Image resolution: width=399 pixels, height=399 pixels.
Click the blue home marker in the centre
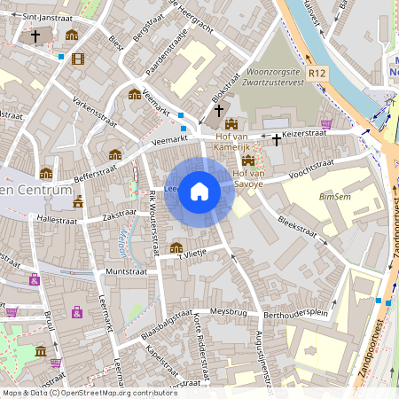pos(199,192)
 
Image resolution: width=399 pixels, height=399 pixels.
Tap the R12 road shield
pos(317,73)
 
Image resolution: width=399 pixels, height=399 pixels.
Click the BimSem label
pos(334,196)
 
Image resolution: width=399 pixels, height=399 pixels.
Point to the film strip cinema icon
pos(78,59)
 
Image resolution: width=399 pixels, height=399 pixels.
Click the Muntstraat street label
pos(123,271)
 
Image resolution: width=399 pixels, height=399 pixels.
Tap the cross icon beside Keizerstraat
pos(276,139)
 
